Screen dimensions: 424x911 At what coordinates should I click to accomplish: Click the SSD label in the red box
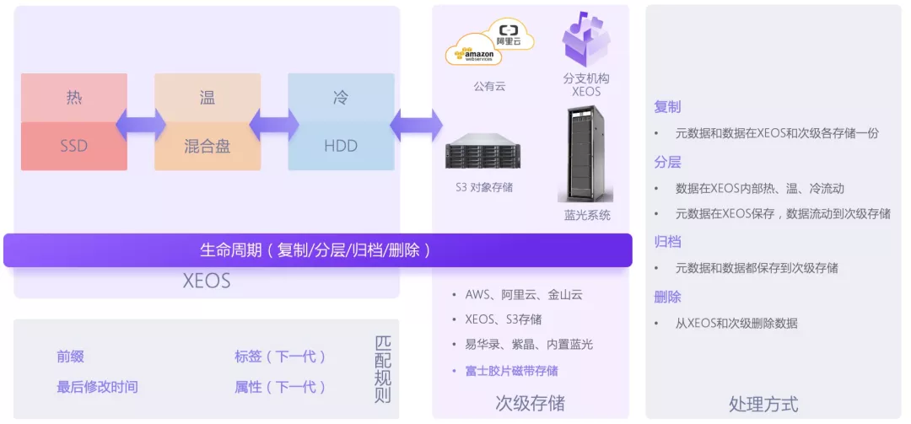[74, 146]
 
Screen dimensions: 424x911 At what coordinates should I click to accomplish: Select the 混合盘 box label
[208, 146]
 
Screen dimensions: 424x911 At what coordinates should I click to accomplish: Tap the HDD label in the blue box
[341, 146]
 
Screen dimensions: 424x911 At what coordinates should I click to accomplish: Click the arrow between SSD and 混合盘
[141, 124]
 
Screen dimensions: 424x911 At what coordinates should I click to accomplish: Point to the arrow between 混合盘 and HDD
[274, 124]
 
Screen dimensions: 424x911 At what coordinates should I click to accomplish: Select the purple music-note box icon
[586, 39]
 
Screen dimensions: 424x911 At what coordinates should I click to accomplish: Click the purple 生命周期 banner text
[316, 250]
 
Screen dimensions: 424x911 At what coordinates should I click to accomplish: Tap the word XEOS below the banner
[207, 281]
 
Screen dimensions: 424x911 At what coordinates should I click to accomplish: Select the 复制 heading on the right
[667, 107]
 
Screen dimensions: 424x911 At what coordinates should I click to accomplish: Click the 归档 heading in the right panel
[667, 242]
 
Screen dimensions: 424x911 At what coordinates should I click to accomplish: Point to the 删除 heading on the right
[667, 297]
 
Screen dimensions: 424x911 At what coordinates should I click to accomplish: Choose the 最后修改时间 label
[97, 387]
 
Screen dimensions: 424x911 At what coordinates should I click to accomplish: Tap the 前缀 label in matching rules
[70, 357]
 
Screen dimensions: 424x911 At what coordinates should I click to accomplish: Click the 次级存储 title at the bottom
[530, 403]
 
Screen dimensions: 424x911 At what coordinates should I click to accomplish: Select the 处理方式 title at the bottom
[763, 404]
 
